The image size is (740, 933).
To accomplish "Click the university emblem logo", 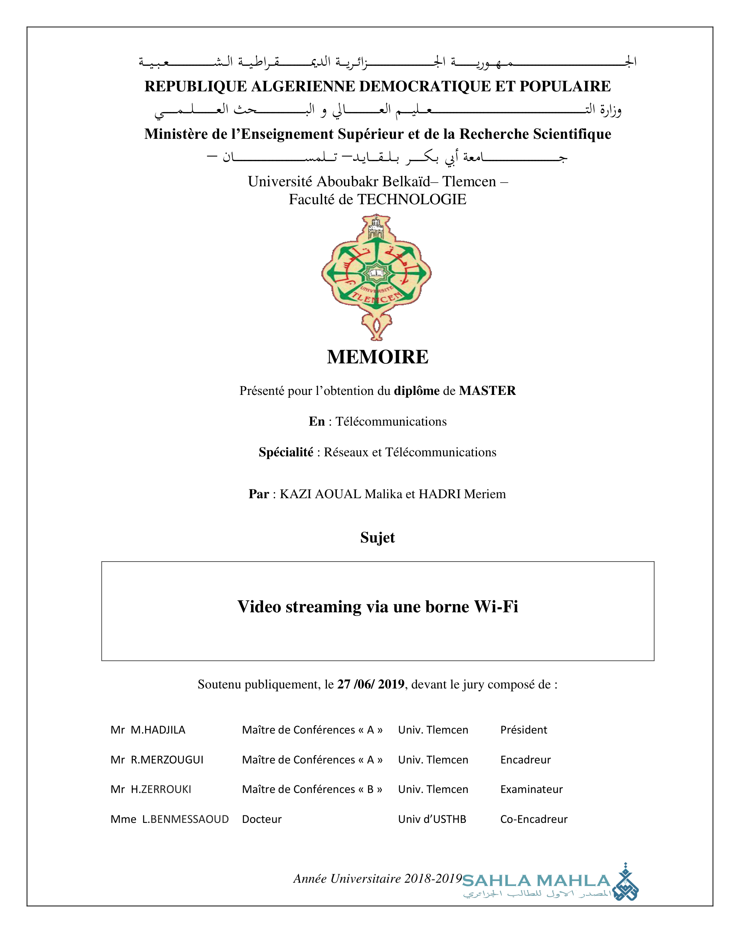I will [376, 277].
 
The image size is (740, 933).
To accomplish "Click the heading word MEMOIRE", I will [377, 357].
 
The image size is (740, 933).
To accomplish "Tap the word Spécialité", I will [286, 452].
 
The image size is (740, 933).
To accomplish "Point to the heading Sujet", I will [377, 537].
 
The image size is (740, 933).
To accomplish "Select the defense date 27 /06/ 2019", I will [371, 684].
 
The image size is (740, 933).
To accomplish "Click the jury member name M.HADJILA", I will [158, 730].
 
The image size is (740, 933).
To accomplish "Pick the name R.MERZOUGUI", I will [167, 760].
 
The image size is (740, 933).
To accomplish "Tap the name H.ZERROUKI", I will [160, 789].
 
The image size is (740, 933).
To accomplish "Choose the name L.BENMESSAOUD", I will [185, 819].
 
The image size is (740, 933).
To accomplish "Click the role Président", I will [524, 730].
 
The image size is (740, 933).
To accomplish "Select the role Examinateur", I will [531, 789].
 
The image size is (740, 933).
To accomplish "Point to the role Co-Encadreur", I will [534, 819].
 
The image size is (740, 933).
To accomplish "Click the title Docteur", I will [261, 819].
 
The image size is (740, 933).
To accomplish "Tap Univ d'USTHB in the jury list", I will [432, 819].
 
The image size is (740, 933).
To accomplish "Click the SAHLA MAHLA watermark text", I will [536, 881].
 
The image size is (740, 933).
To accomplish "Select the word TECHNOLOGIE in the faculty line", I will [412, 199].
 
